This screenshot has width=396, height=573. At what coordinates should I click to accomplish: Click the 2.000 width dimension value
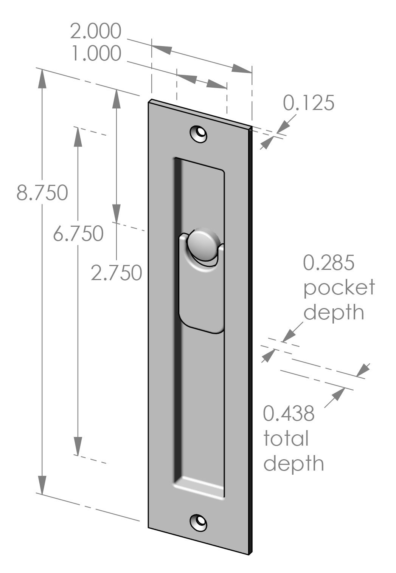(x=96, y=31)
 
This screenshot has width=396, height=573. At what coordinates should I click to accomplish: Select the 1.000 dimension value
(x=96, y=54)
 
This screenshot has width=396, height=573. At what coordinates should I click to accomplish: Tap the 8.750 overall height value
(x=42, y=193)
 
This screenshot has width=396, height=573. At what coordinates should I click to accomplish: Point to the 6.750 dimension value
(x=78, y=233)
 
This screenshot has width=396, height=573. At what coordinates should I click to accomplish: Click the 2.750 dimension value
(x=116, y=273)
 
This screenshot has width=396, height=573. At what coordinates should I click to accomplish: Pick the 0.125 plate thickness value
(x=309, y=103)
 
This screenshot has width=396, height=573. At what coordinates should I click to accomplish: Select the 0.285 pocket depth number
(x=329, y=263)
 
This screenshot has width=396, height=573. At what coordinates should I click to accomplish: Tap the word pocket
(x=339, y=288)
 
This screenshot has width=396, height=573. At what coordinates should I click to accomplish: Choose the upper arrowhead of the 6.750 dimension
(x=78, y=136)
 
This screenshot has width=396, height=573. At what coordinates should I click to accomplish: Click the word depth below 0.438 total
(x=294, y=463)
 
